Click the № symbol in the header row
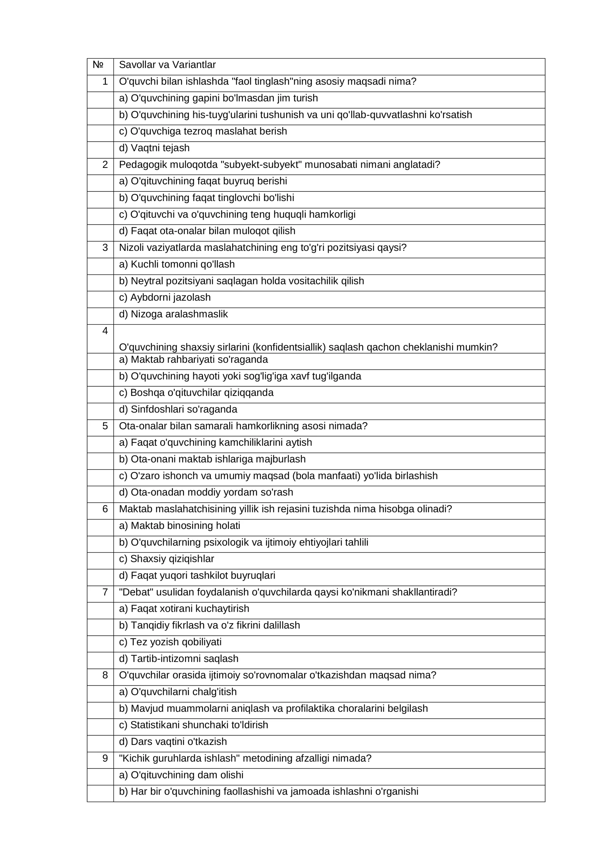[x=98, y=65]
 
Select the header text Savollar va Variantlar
[x=167, y=65]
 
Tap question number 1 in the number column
[x=105, y=81]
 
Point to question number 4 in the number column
[x=105, y=331]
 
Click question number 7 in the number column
[x=105, y=592]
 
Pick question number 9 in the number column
[x=105, y=758]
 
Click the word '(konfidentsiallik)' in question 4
[x=289, y=348]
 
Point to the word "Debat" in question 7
[x=134, y=592]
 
